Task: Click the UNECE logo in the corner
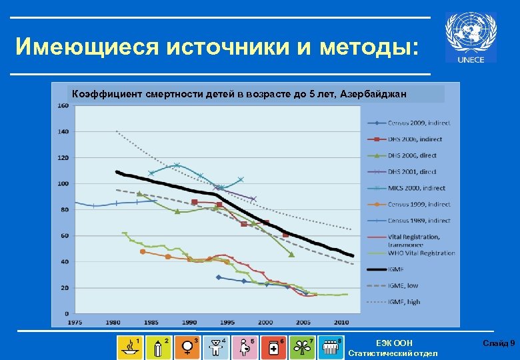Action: (471, 38)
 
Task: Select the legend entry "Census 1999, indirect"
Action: (406, 204)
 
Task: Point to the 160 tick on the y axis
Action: (62, 105)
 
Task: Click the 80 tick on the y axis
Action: (65, 209)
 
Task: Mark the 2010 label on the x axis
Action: (341, 322)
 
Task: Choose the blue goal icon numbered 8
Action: (331, 347)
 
